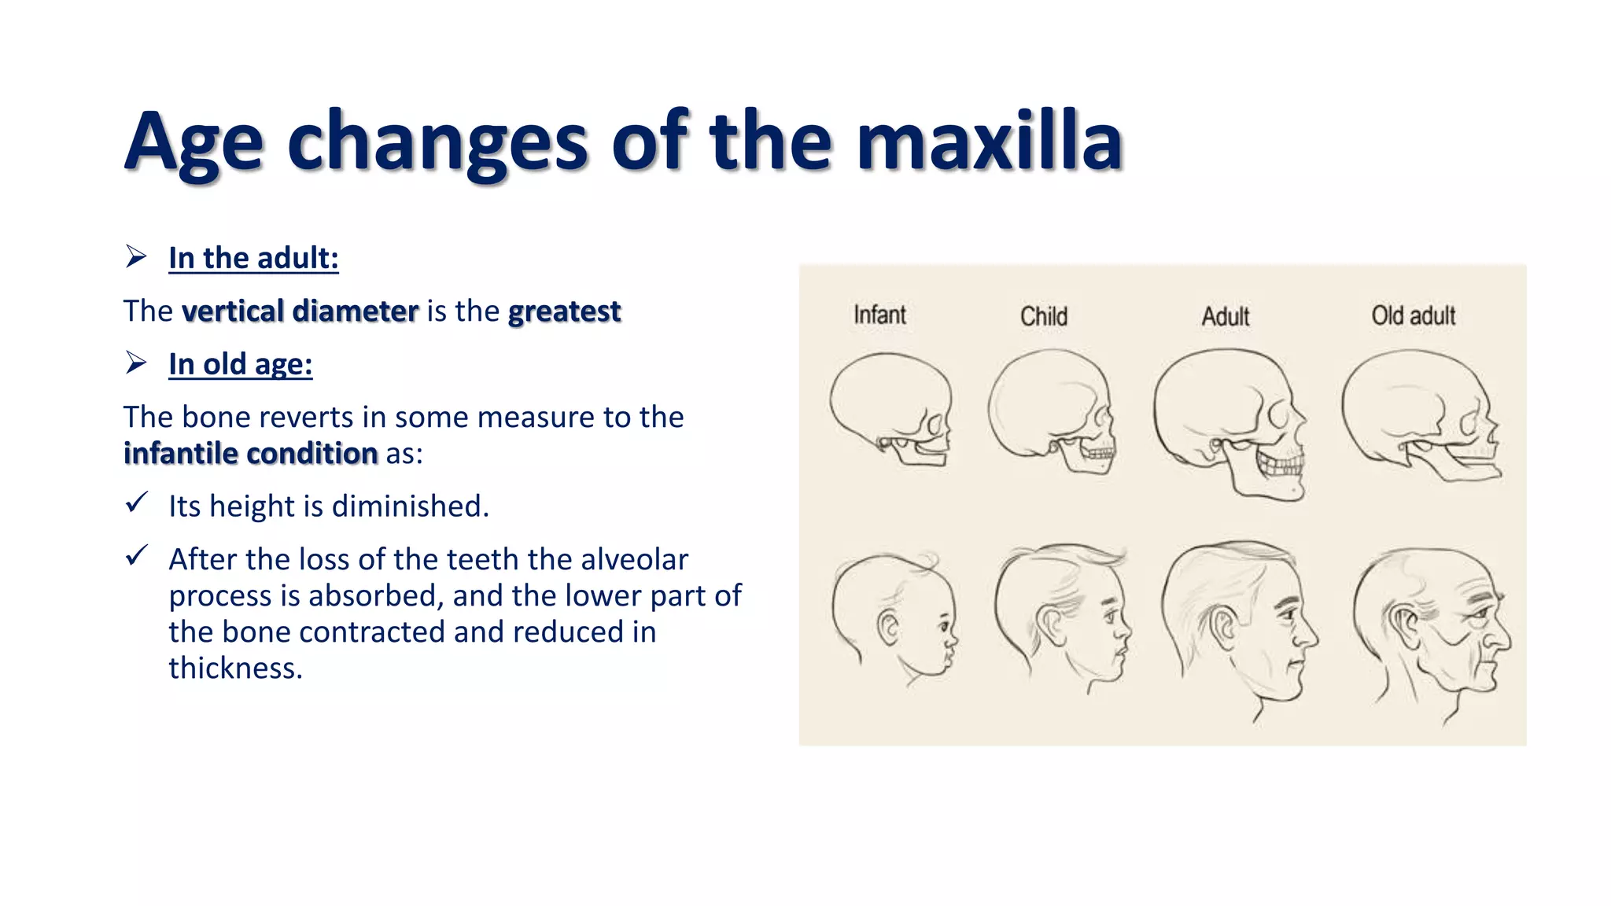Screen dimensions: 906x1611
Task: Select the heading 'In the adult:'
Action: pos(253,258)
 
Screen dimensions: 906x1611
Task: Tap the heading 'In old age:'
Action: pos(240,364)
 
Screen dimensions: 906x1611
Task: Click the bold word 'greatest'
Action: pos(564,311)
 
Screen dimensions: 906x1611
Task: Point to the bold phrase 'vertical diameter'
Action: pos(300,311)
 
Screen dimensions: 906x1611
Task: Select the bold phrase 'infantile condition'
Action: pos(251,454)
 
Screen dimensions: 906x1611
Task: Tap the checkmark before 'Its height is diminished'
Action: pos(137,503)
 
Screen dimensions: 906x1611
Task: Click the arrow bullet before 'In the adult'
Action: pos(136,256)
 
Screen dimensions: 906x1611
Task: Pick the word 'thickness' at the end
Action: pos(235,668)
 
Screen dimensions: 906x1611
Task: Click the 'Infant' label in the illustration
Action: pos(879,315)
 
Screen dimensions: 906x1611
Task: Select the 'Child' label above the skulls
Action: pos(1044,316)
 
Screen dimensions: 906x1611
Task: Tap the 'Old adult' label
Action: pos(1413,315)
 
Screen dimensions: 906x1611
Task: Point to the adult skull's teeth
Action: pos(1281,464)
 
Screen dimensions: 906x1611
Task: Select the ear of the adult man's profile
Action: pos(1223,627)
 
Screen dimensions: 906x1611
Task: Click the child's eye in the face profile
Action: pos(1110,613)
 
